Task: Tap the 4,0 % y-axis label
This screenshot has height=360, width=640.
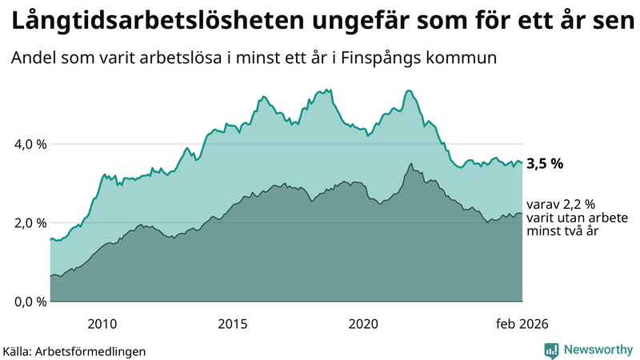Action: point(26,144)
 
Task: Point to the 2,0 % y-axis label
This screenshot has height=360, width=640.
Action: point(26,222)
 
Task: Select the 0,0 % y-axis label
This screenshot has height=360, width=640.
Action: point(26,302)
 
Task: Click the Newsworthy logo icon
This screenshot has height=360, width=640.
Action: point(551,350)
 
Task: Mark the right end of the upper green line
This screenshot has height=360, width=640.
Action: point(522,163)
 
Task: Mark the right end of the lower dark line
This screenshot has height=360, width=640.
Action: point(522,214)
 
